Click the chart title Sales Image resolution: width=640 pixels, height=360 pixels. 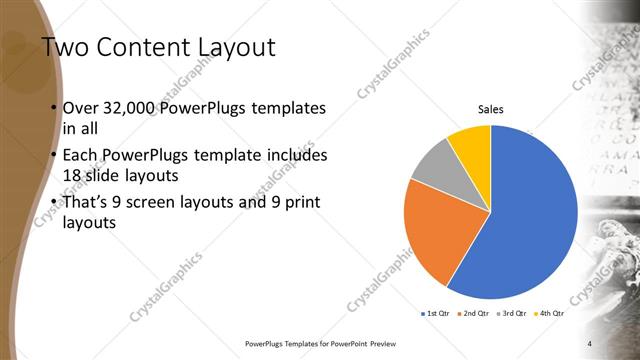[490, 109]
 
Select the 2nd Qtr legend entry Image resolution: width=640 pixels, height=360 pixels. [474, 314]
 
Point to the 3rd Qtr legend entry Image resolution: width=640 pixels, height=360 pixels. [513, 314]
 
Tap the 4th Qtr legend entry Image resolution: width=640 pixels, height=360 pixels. [550, 314]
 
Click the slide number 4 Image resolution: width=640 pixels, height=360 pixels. [590, 343]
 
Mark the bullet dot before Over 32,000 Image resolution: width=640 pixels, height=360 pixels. [52, 108]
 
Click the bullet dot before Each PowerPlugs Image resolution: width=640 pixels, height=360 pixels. [52, 157]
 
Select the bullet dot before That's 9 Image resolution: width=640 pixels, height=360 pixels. [52, 204]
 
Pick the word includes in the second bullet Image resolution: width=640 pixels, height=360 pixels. [291, 157]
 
